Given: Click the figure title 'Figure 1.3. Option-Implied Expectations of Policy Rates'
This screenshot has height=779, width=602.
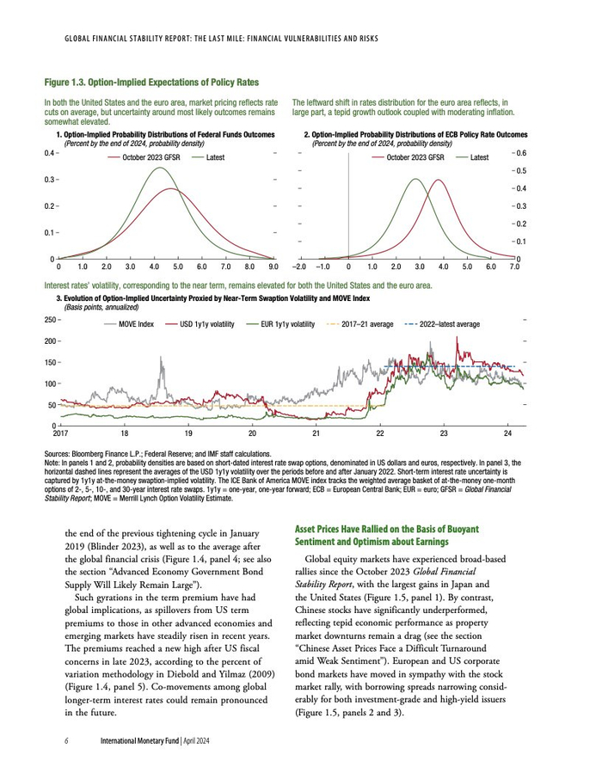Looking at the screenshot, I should pyautogui.click(x=151, y=83).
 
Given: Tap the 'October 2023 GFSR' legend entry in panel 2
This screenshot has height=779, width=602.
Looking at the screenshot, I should pyautogui.click(x=415, y=157).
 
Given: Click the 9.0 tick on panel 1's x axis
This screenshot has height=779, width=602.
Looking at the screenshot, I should pyautogui.click(x=273, y=267).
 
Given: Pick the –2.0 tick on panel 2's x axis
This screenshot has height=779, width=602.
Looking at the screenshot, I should pyautogui.click(x=299, y=267).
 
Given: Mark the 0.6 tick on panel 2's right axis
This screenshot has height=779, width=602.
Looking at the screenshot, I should pyautogui.click(x=521, y=153).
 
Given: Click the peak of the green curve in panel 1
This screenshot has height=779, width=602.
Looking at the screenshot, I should pyautogui.click(x=160, y=168).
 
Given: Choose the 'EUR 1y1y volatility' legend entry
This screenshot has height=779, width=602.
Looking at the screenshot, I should pyautogui.click(x=288, y=324).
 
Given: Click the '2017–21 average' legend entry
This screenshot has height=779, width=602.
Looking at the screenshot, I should pyautogui.click(x=367, y=324).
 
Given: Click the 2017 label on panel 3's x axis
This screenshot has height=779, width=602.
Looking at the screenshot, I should pyautogui.click(x=60, y=433).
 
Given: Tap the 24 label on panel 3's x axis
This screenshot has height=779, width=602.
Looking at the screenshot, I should pyautogui.click(x=507, y=433).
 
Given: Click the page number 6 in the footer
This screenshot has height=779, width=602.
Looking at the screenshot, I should pyautogui.click(x=66, y=740).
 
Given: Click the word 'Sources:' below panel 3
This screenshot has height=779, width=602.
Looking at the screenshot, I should pyautogui.click(x=59, y=453).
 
